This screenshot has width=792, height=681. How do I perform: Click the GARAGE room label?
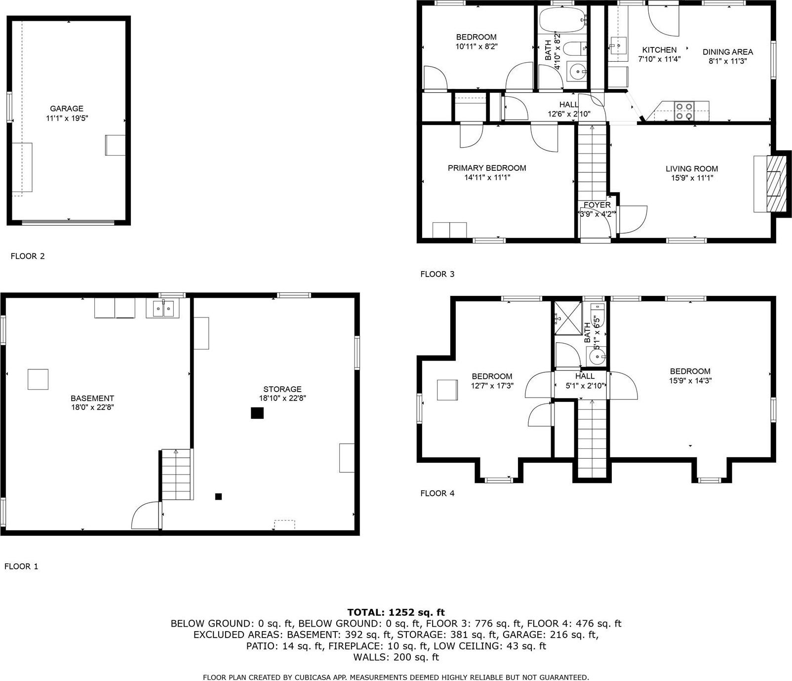point(66,109)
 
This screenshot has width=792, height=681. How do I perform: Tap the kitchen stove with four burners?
point(684,111)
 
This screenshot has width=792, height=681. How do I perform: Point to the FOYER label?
point(597,205)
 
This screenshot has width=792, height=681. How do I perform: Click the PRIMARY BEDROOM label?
point(487,168)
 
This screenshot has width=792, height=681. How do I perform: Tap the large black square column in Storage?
point(257,413)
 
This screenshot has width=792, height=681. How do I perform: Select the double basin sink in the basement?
point(162,309)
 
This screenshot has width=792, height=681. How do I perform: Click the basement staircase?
point(176,475)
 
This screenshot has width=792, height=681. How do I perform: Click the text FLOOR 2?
point(28,256)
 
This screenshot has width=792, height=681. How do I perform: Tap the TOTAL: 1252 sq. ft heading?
point(396,612)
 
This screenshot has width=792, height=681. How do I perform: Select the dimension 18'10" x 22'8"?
point(282,398)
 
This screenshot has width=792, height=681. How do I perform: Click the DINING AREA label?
point(727,52)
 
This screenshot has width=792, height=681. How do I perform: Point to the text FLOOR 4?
point(437,493)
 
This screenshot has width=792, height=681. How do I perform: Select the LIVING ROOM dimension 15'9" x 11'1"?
point(691,178)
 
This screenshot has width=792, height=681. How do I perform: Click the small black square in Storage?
point(218,496)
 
